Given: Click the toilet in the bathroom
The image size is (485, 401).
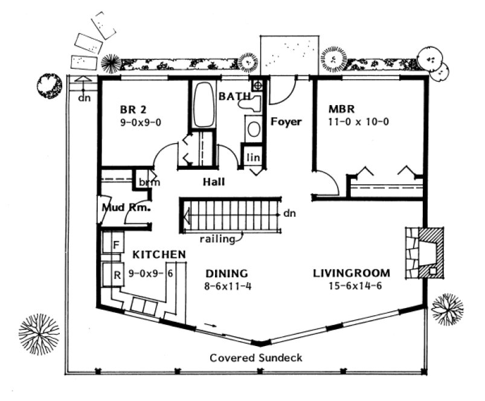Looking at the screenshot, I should pos(250,104).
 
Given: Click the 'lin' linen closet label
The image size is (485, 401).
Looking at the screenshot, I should pos(252,158).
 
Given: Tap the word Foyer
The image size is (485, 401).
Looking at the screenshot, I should pos(286,121).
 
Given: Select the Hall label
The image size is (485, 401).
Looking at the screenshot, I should pos(214,181).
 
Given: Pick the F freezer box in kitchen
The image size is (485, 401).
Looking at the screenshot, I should pos(115,245).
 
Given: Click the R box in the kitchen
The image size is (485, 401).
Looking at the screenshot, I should pos(115,274).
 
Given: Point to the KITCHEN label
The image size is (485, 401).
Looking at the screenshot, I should pos(159,254).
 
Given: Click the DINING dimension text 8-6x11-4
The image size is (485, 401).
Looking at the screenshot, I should pos(227,286).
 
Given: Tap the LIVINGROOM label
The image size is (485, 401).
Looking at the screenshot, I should pos(351,272).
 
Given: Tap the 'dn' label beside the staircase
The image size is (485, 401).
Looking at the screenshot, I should pos(290,213).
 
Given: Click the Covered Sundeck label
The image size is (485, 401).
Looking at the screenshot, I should pos(256,358).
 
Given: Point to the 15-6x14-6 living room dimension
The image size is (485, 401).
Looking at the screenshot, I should pos(351,286).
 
